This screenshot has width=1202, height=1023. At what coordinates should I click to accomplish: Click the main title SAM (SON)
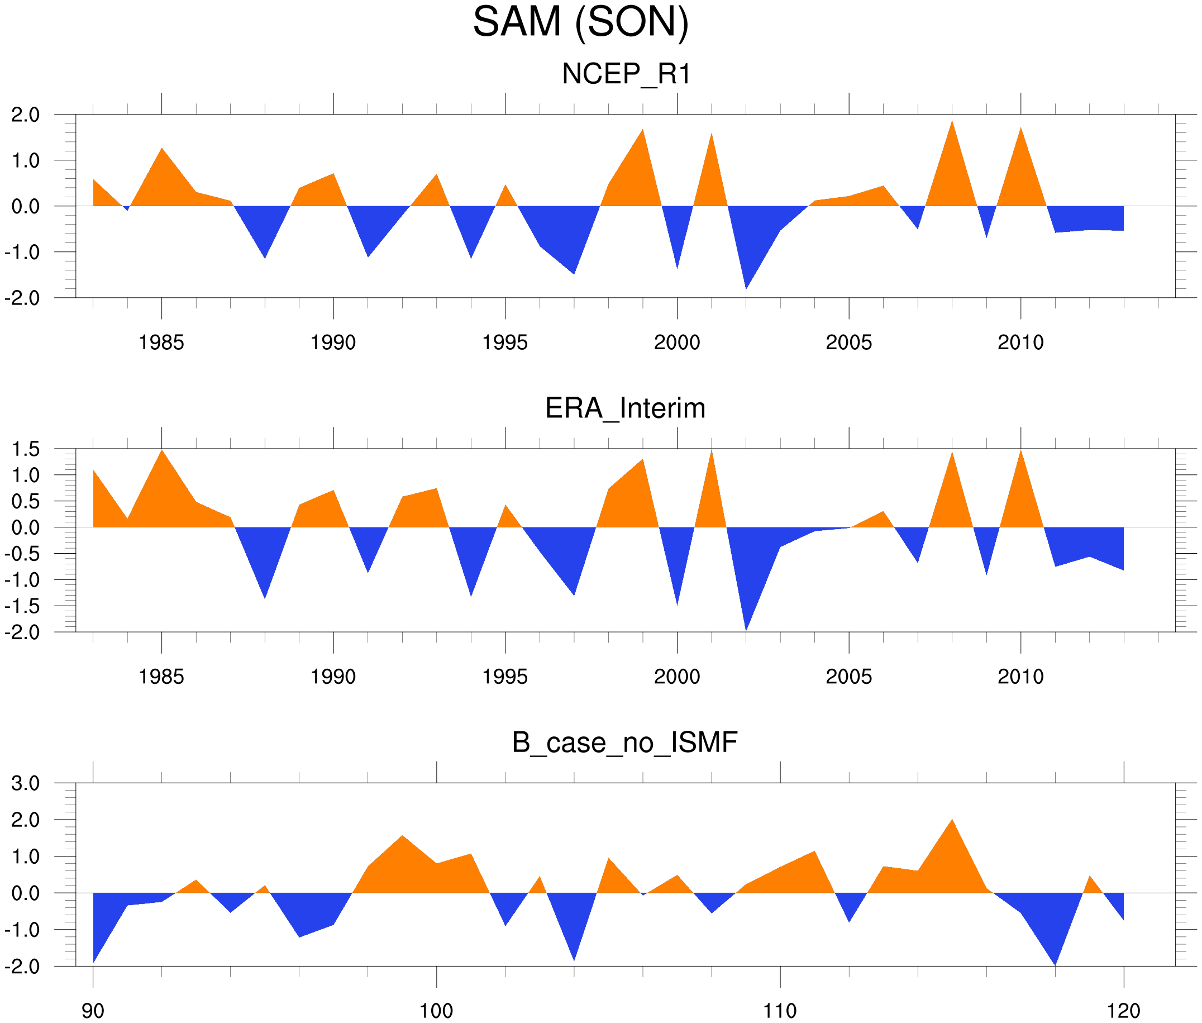[x=580, y=22]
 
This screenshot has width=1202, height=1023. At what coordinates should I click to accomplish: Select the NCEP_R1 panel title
[x=626, y=74]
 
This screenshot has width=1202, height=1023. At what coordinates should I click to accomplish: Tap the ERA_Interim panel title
[x=625, y=408]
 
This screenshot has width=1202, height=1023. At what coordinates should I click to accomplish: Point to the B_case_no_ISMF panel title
[x=624, y=743]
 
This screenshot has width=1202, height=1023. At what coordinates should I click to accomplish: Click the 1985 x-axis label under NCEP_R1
[x=161, y=342]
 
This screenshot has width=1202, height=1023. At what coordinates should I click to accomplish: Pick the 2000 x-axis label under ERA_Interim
[x=676, y=676]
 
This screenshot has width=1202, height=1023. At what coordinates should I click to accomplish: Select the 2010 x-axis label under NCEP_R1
[x=1020, y=342]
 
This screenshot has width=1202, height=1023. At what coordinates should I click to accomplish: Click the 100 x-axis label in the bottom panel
[x=436, y=1011]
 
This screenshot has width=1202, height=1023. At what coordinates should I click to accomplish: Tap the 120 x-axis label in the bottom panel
[x=1123, y=1011]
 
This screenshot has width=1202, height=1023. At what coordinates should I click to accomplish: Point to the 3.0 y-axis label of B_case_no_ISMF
[x=26, y=783]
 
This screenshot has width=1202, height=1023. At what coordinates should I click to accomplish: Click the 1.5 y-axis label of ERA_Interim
[x=26, y=449]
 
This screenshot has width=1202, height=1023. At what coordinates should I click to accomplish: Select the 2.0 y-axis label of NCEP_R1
[x=26, y=115]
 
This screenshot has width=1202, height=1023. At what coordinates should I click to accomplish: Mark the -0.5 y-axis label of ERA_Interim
[x=22, y=554]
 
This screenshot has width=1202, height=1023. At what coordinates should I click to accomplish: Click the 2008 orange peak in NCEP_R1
[x=952, y=123]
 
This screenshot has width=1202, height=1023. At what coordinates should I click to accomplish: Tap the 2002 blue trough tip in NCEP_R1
[x=746, y=288]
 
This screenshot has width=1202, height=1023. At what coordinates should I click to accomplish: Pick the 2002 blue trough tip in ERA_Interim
[x=746, y=629]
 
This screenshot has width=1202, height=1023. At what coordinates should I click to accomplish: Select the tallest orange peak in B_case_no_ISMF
[x=952, y=821]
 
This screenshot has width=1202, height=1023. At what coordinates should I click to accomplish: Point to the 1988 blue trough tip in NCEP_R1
[x=265, y=256]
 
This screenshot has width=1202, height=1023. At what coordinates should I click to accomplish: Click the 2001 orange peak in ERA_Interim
[x=712, y=453]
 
